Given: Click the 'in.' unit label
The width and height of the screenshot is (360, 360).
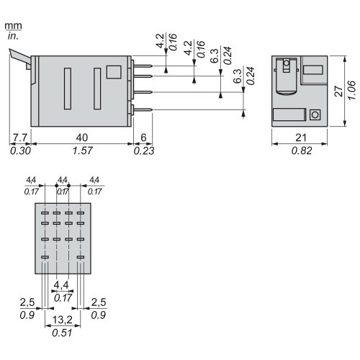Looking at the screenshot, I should click(x=12, y=35).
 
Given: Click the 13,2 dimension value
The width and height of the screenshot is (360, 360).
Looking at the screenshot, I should click(x=63, y=320).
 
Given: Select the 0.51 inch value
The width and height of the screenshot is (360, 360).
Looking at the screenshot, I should click(x=63, y=333).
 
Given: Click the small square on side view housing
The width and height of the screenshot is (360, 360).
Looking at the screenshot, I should click(x=112, y=72).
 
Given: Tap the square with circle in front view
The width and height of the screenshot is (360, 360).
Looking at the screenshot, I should click(x=315, y=114).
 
